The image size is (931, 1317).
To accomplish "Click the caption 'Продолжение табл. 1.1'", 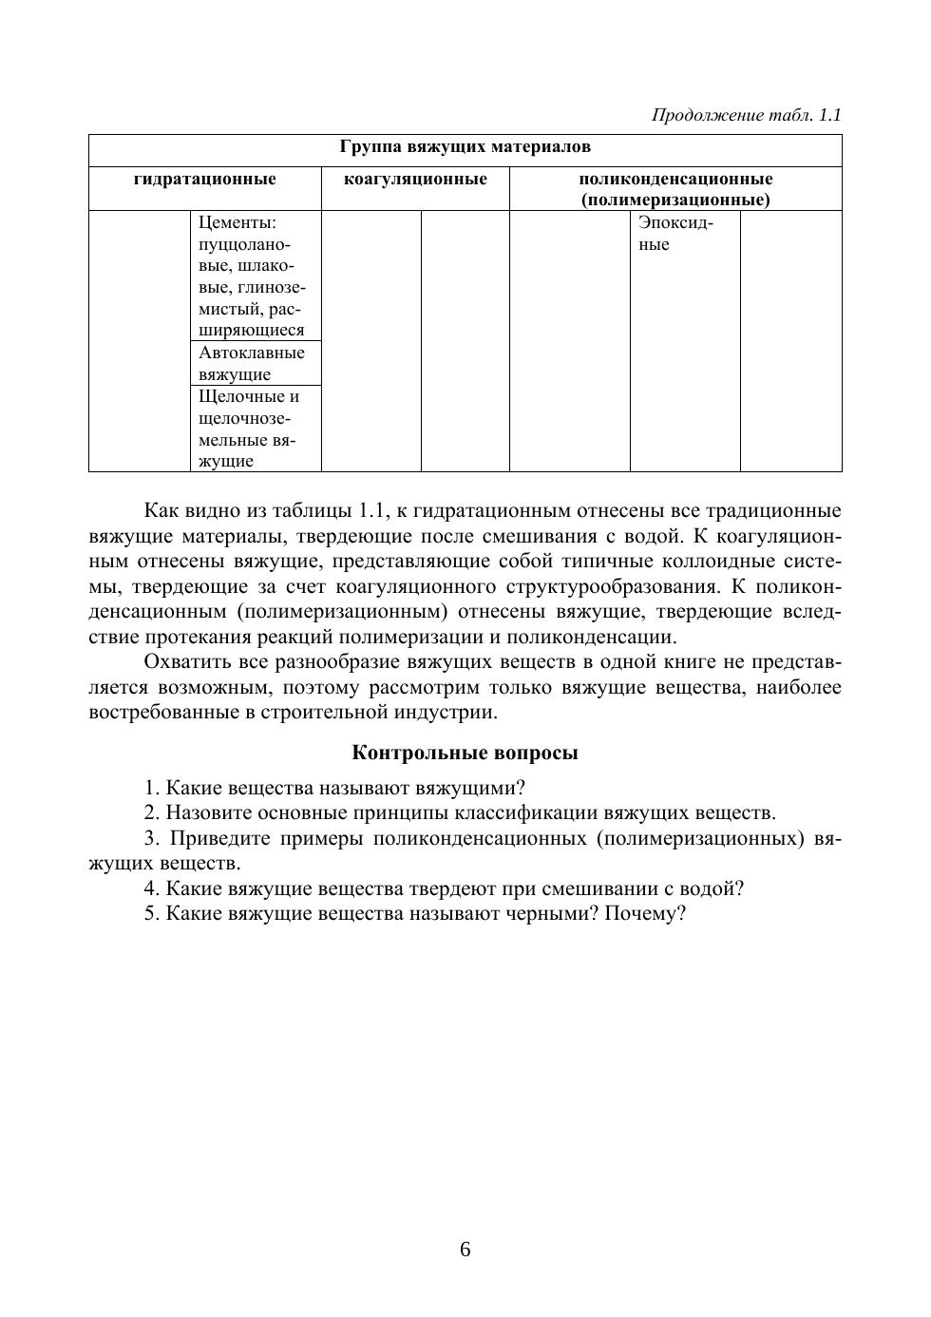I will [x=746, y=116].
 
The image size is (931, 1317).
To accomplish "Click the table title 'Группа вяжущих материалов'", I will [x=465, y=147].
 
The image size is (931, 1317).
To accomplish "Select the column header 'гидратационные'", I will [x=204, y=179].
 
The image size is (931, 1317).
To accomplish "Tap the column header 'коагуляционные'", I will [x=414, y=179].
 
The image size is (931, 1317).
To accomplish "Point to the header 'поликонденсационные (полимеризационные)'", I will [x=674, y=189].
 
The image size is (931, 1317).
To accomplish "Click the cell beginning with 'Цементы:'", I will [x=252, y=276].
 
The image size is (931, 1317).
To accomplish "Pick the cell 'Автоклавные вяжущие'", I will [x=252, y=363].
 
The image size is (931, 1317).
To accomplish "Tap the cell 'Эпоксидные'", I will [x=674, y=234].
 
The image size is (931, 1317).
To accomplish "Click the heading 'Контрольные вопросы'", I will [x=465, y=753].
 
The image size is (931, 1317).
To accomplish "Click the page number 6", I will [x=465, y=1249].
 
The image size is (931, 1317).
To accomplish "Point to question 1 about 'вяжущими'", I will [x=334, y=788].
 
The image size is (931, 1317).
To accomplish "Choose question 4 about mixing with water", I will [x=444, y=888].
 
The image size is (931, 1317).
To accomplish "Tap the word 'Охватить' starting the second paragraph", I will [x=181, y=661].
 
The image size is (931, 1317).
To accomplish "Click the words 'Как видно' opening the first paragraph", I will [x=186, y=510].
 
